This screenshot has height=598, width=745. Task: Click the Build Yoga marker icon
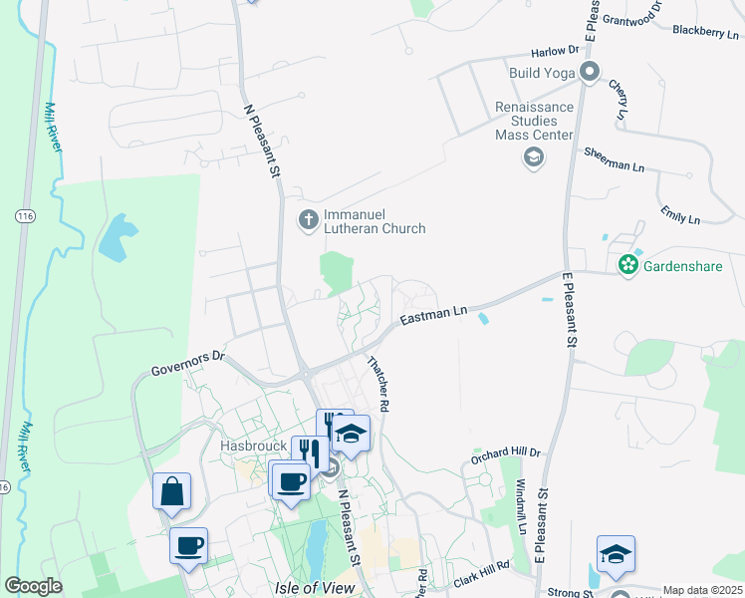590,72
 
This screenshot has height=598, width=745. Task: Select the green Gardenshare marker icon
627,265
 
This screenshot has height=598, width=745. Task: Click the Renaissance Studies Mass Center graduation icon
534,156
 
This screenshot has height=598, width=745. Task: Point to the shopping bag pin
172,491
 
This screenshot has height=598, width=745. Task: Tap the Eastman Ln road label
433,315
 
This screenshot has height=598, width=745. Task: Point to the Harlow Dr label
555,51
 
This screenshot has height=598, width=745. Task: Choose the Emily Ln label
680,214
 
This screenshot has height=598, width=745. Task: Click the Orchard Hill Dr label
506,457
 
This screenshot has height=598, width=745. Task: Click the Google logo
34,586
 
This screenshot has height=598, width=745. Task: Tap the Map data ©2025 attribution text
701,590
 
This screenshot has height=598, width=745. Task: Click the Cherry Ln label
620,101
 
